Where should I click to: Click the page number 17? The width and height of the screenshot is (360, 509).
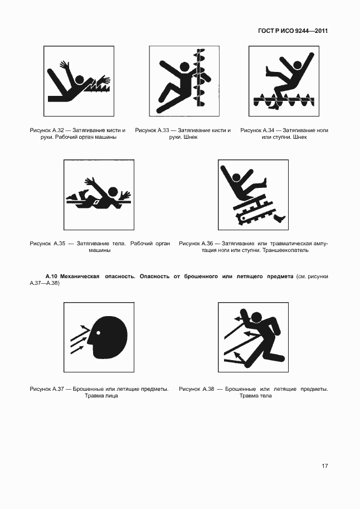click(325, 466)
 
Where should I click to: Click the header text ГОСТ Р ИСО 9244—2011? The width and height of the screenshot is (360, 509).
click(293, 31)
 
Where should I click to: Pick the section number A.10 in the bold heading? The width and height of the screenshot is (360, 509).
click(51, 277)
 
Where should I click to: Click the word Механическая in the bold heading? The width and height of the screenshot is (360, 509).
click(80, 277)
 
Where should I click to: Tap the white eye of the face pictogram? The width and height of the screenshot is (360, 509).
click(98, 332)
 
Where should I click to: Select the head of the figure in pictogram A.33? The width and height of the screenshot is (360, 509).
click(184, 67)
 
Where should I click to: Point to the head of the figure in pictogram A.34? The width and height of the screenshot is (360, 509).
click(296, 65)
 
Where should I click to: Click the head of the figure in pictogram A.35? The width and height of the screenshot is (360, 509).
click(113, 192)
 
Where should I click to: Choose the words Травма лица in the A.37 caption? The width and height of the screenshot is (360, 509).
click(101, 396)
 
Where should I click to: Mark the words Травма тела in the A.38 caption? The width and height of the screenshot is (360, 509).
click(255, 396)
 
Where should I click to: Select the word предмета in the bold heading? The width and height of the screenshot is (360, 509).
click(280, 277)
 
